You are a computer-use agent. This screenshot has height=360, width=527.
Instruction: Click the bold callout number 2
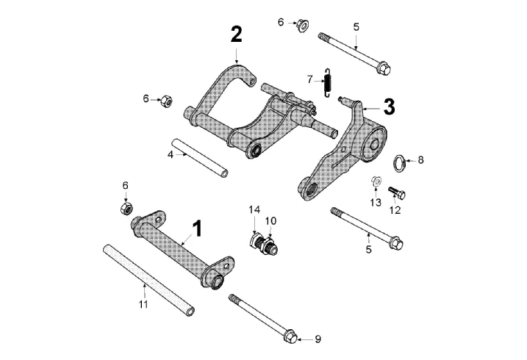236,35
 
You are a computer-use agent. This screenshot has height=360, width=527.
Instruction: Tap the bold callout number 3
390,107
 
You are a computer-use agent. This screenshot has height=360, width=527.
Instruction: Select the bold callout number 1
197,229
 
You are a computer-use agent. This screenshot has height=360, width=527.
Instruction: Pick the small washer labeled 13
376,181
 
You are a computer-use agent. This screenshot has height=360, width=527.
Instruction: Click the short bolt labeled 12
397,192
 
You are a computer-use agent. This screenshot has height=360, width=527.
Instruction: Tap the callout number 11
143,304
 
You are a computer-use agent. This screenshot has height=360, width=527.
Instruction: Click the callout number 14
254,210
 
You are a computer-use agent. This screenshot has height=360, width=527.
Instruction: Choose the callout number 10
270,220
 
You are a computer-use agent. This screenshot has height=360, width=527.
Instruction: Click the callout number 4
171,155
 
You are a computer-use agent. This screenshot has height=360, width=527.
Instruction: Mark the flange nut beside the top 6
303,25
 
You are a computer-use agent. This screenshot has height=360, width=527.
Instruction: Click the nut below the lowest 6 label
126,208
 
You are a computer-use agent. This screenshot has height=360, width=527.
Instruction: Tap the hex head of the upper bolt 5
384,68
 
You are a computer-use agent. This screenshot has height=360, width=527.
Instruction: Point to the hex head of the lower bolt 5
396,243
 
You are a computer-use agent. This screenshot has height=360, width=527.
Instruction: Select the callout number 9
318,339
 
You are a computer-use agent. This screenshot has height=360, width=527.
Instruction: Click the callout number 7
310,80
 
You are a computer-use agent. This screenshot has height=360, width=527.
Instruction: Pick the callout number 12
395,210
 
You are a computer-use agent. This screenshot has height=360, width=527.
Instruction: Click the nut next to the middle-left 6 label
166,101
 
